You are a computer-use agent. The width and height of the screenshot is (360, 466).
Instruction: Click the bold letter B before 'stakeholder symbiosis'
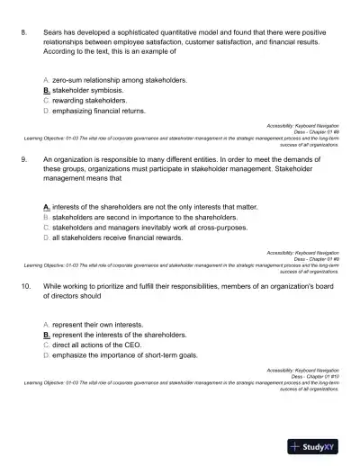pyautogui.click(x=47, y=91)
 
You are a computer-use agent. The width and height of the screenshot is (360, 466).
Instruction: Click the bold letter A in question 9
pyautogui.click(x=47, y=207)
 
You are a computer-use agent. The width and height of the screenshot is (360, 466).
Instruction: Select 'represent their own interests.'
pyautogui.click(x=99, y=323)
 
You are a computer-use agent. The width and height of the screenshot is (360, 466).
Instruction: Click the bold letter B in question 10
pyautogui.click(x=47, y=334)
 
